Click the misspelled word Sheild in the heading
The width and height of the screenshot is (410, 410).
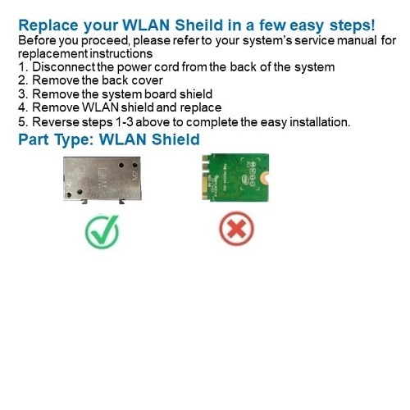tap(199, 25)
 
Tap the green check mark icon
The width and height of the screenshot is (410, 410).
tap(102, 232)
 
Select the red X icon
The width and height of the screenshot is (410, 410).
tap(237, 229)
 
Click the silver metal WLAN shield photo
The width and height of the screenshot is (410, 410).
tap(102, 180)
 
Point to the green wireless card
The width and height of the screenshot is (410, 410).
tap(235, 177)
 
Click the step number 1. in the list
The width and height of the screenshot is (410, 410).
tap(23, 67)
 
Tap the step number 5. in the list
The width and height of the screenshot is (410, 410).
tap(23, 122)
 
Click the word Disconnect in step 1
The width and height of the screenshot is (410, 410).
tap(64, 67)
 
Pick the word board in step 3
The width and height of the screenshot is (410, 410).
tap(161, 94)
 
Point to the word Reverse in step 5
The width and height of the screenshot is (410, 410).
tap(56, 122)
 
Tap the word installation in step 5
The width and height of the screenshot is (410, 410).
tap(320, 122)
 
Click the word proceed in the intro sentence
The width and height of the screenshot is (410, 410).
tap(105, 41)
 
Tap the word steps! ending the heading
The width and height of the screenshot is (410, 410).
tap(352, 25)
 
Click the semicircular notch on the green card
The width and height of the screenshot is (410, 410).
tap(266, 179)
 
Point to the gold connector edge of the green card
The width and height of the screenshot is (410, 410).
tap(205, 177)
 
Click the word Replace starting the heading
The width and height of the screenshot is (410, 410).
tap(48, 25)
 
